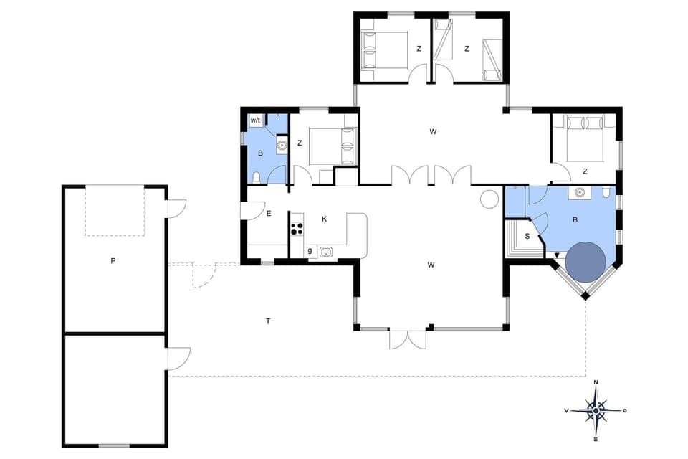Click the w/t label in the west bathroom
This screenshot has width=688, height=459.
pyautogui.click(x=256, y=120)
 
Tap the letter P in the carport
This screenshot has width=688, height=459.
pyautogui.click(x=113, y=261)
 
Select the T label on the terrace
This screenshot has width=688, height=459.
pyautogui.click(x=268, y=321)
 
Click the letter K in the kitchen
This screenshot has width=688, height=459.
pyautogui.click(x=325, y=219)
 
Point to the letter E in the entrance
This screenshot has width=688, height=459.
pyautogui.click(x=269, y=213)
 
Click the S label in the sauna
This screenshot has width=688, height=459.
pyautogui.click(x=527, y=236)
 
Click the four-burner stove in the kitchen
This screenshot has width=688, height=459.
pyautogui.click(x=297, y=229)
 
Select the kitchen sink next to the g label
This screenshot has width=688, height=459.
pyautogui.click(x=326, y=252)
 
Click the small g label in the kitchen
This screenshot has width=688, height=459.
pyautogui.click(x=310, y=251)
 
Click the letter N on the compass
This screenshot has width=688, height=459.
pyautogui.click(x=596, y=383)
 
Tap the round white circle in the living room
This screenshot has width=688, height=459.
pyautogui.click(x=489, y=198)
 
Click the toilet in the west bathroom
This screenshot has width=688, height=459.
pyautogui.click(x=256, y=178)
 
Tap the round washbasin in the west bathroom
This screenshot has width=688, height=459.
pyautogui.click(x=282, y=146)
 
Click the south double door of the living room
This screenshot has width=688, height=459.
pyautogui.click(x=408, y=339)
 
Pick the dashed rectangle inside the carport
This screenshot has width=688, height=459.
pyautogui.click(x=115, y=210)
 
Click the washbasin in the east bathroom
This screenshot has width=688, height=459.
pyautogui.click(x=579, y=192)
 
